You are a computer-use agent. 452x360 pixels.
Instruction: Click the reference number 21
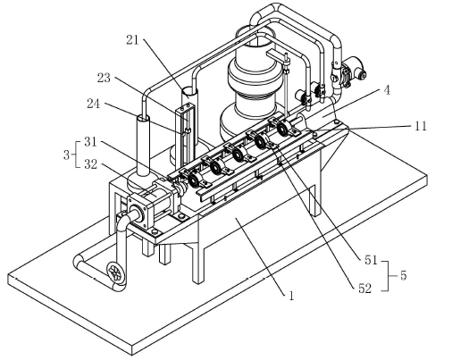point(132,40)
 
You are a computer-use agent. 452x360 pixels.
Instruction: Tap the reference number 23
point(104,78)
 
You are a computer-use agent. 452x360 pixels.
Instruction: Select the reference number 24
point(94,104)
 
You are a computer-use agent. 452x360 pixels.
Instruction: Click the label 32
point(91,164)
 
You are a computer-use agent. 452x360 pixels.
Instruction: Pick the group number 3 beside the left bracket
point(66,155)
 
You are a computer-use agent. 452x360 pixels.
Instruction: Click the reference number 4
point(387,90)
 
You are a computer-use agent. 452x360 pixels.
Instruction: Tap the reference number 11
point(421,126)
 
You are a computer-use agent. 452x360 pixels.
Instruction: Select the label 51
point(371,260)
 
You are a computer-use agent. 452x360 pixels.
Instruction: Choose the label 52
point(365,289)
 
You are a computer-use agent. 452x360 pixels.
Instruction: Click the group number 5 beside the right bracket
point(403,275)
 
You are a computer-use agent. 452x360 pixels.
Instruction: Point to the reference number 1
point(291,296)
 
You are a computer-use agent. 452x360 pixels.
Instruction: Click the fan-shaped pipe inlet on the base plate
point(115,272)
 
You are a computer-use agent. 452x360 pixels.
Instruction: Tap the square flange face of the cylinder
point(138,212)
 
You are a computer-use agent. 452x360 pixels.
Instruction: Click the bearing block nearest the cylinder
point(194,180)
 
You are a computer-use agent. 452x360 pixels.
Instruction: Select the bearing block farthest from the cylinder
point(283,128)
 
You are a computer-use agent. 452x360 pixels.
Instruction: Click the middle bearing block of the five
point(239,154)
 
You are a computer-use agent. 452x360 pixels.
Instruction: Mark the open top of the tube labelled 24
point(143,118)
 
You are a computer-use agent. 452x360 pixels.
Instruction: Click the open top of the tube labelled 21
point(189,90)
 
